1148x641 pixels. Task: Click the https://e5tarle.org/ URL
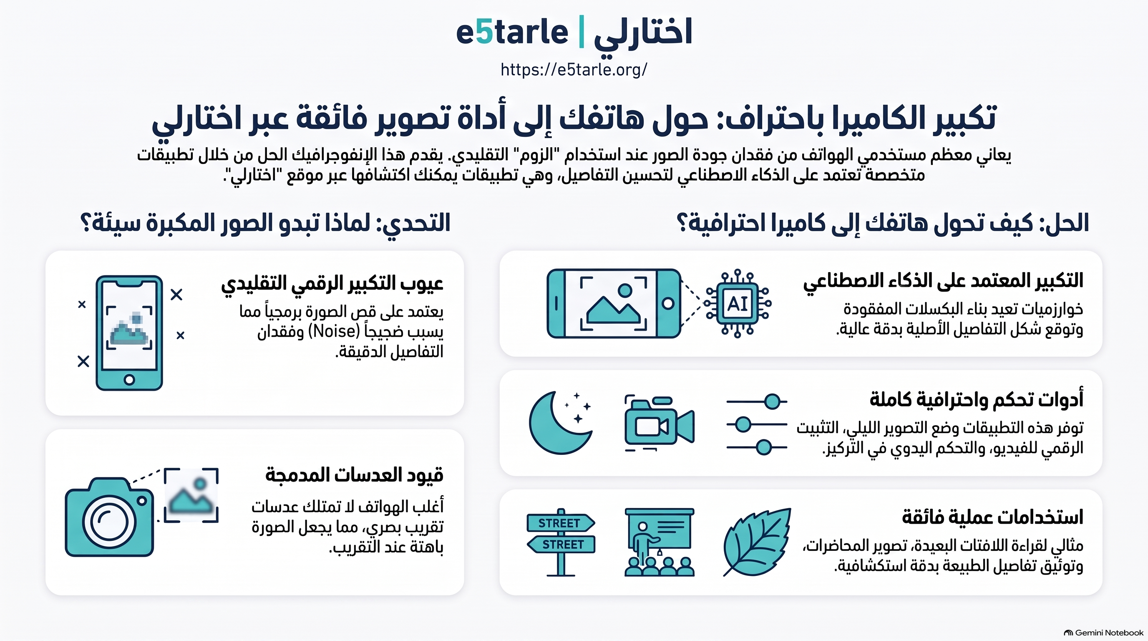click(574, 70)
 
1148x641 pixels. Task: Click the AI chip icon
click(738, 303)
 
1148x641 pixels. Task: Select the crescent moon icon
click(560, 422)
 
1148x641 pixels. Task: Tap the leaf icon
click(757, 542)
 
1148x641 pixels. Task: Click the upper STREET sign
click(561, 523)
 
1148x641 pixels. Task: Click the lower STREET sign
click(561, 544)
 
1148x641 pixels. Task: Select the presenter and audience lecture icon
click(660, 542)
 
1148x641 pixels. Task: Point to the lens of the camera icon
click(109, 522)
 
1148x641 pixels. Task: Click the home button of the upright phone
click(129, 380)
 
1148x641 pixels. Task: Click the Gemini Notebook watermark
click(1103, 633)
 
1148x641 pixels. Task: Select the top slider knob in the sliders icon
click(772, 401)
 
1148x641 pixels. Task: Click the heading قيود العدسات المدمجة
click(354, 475)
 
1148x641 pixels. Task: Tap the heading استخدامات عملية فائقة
click(992, 517)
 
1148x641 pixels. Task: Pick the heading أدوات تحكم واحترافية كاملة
click(977, 399)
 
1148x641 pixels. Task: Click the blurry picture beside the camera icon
click(191, 495)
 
